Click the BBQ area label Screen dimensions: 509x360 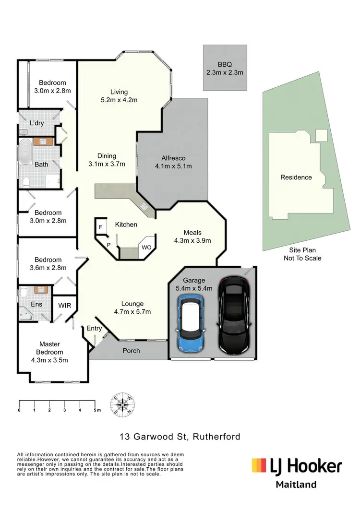[224, 64]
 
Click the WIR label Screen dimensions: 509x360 [65, 305]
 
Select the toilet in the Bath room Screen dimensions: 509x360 [27, 181]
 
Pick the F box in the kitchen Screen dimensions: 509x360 [101, 227]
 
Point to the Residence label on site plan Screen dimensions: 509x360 [296, 178]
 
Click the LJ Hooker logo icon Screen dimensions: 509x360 [259, 465]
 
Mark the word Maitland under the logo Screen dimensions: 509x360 [296, 485]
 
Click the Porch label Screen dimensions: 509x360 [131, 351]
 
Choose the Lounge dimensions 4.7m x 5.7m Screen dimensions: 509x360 [132, 312]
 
